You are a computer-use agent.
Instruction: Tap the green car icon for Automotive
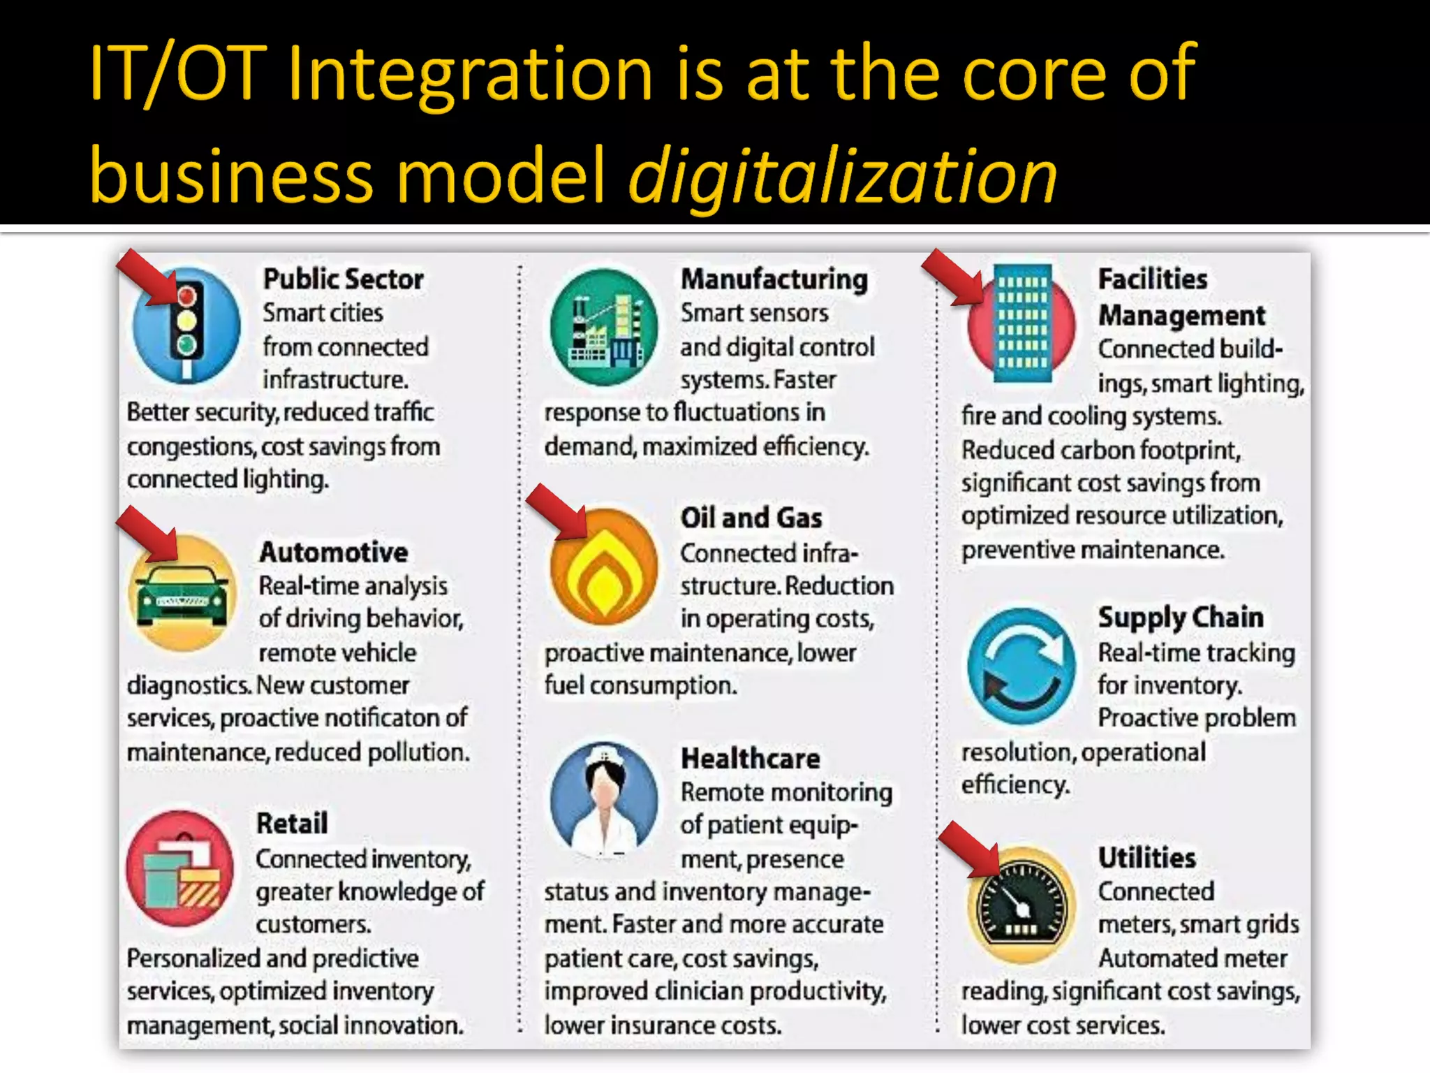[x=182, y=594]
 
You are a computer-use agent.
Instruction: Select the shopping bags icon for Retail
[x=181, y=869]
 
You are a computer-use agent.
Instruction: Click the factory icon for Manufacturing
[x=604, y=327]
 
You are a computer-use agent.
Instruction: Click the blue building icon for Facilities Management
[x=1022, y=323]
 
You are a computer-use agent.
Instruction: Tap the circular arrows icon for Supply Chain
[x=1022, y=666]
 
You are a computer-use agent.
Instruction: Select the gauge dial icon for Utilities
[x=1022, y=905]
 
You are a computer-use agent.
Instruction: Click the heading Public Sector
[x=343, y=279]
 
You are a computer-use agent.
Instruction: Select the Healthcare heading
[x=750, y=759]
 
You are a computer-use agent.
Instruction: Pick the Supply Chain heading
[x=1181, y=618]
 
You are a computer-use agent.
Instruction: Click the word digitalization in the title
[x=843, y=176]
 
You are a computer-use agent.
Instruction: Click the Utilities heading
[x=1147, y=858]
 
